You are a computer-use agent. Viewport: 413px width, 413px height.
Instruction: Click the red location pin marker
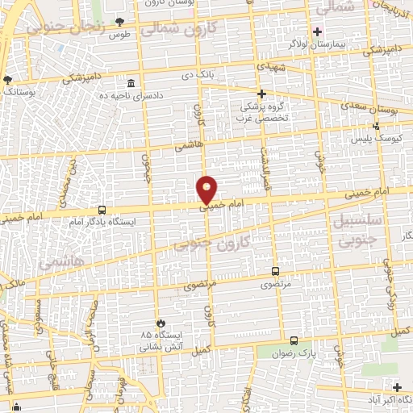[x=207, y=189]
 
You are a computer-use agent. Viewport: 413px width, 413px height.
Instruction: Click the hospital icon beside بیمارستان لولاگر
[x=318, y=32]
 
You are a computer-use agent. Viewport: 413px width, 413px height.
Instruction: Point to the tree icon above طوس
[x=120, y=22]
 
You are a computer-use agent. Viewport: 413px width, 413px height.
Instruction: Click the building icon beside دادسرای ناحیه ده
[x=131, y=82]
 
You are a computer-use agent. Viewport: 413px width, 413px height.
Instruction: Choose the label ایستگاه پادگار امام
[x=103, y=221]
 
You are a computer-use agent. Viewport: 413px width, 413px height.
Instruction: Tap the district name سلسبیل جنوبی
[x=361, y=229]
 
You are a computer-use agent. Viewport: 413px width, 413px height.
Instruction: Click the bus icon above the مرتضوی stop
[x=276, y=272]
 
